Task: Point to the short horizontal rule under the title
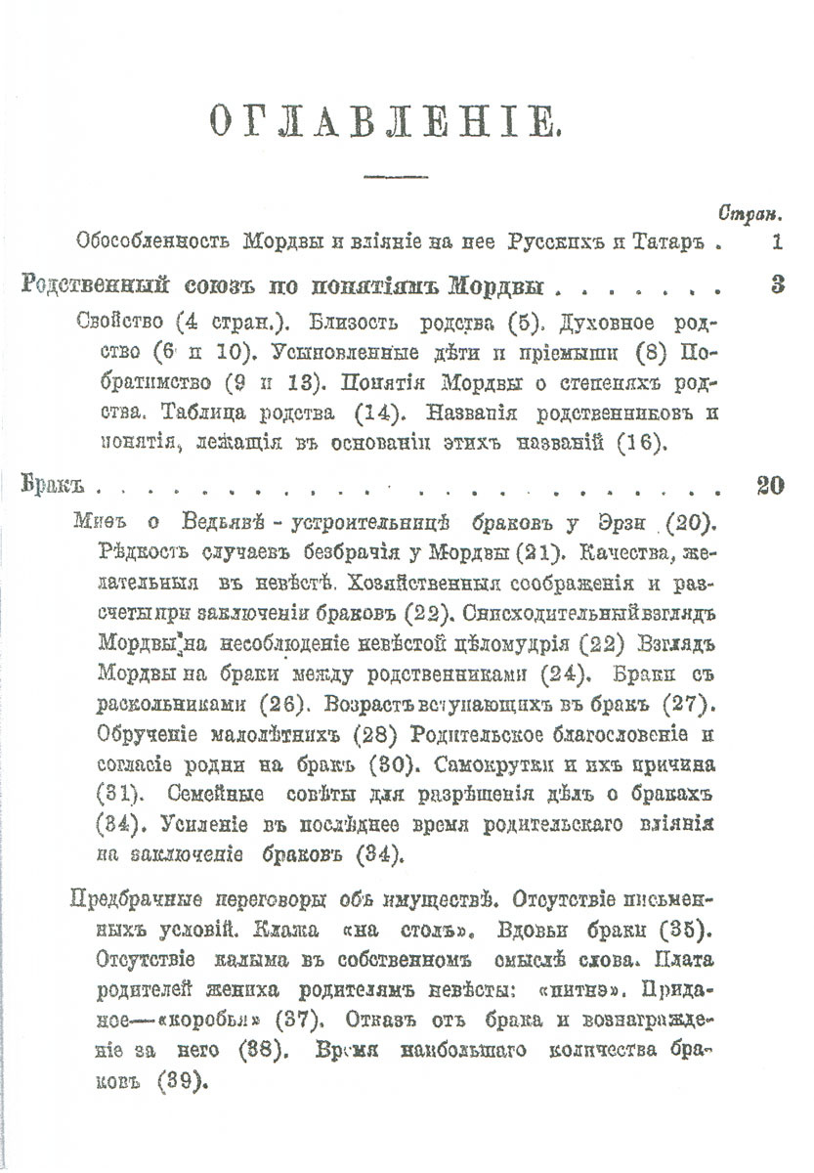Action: (388, 176)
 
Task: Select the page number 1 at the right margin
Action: (776, 241)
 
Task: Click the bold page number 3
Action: (777, 286)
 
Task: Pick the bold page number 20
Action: (770, 486)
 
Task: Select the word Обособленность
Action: (145, 241)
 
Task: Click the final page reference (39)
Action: (178, 1080)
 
